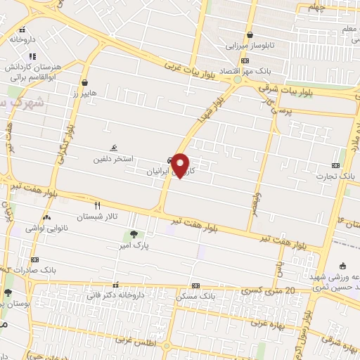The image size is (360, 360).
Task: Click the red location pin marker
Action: pos(181,165)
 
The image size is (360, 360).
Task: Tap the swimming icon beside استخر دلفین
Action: pos(114,148)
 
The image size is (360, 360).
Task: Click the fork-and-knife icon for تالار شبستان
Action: pos(97,206)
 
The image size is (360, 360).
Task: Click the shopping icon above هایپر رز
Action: pos(84,82)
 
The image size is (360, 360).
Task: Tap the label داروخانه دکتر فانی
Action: pos(117,295)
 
